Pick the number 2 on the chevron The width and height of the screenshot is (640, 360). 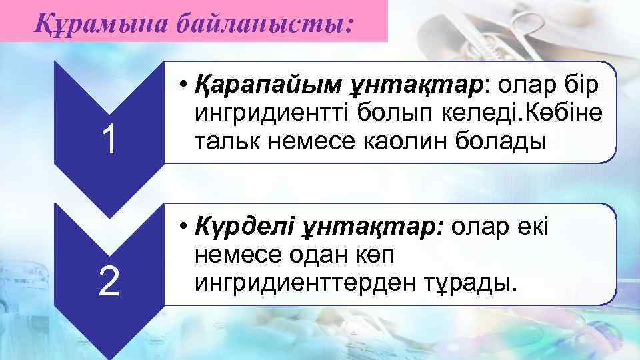coord(109,281)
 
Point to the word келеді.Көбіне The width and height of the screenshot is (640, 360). coord(514,114)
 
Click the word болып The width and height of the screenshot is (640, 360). coord(377,114)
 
